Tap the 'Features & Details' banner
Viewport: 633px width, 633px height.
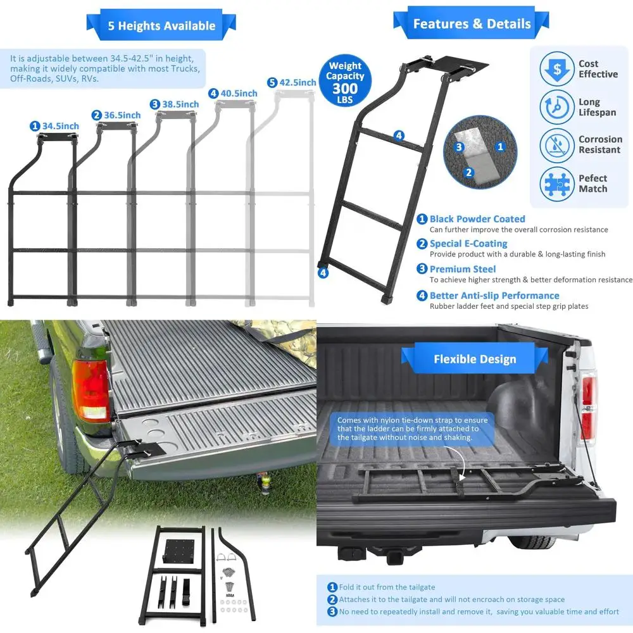click(472, 24)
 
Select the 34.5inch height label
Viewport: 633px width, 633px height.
click(55, 126)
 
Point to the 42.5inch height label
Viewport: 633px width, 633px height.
click(292, 82)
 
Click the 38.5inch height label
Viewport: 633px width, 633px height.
click(175, 104)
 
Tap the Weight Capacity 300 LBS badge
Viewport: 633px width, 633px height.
click(345, 82)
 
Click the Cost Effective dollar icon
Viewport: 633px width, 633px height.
click(556, 69)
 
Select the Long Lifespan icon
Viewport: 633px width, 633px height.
click(556, 107)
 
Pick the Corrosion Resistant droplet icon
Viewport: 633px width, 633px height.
click(556, 145)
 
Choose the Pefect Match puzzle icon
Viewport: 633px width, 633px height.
click(556, 184)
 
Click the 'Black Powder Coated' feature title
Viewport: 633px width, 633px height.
click(477, 219)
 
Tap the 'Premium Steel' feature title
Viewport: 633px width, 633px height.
click(463, 269)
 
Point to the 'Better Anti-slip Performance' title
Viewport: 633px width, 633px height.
click(494, 296)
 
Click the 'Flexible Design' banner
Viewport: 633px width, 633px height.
click(475, 359)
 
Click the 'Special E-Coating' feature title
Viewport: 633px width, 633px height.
click(468, 244)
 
